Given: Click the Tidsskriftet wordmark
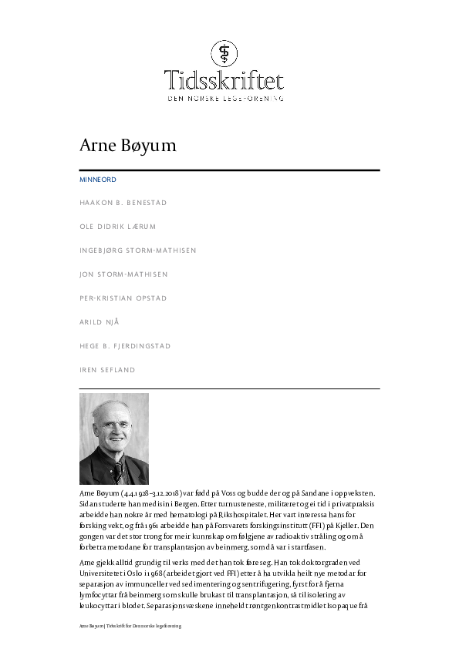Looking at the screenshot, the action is pos(224,80).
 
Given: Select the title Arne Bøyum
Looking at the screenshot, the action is pos(128,146).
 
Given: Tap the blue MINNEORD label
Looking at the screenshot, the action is pos(98,180).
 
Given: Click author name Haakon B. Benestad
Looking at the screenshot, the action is pos(123,203).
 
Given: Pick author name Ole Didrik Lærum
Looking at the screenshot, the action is pos(118,227).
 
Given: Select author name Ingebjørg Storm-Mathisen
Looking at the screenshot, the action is pos(137,251).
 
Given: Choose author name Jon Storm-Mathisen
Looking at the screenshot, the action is pos(123,274).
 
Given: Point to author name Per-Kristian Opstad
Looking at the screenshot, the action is pos(123,298).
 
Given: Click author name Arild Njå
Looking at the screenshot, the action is pos(100,322).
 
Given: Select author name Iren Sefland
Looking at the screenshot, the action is pos(107,370).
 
